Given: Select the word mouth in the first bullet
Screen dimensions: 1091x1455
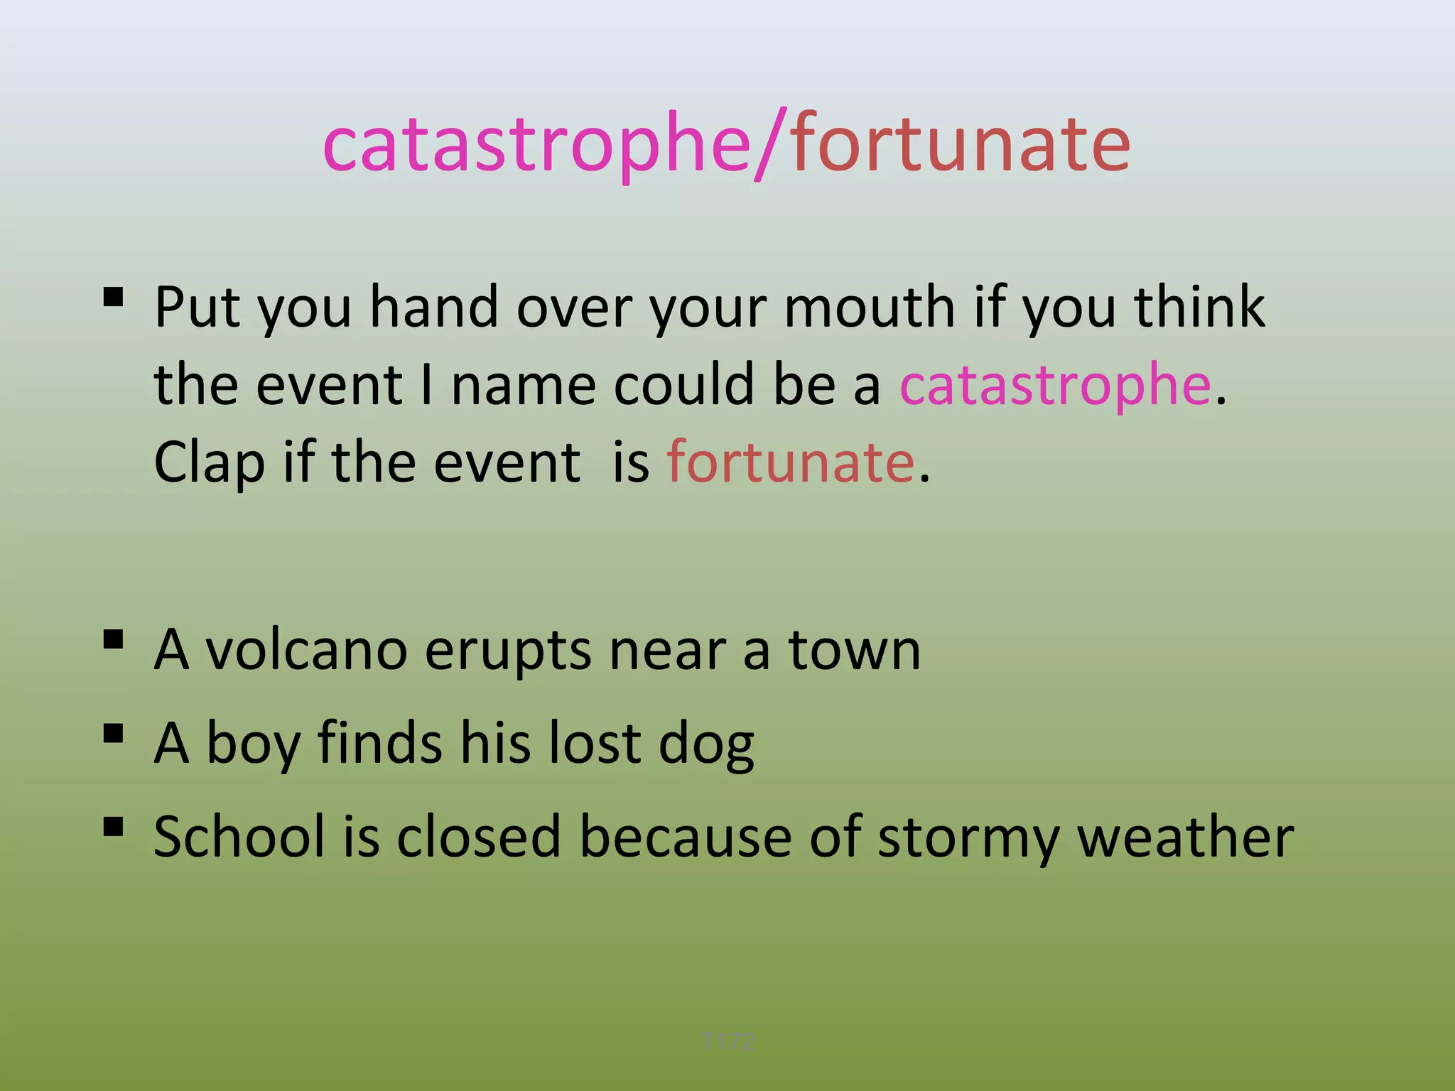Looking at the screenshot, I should (869, 308).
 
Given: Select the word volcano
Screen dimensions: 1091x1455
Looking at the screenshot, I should (306, 651).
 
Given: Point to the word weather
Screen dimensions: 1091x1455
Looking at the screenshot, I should (1185, 837).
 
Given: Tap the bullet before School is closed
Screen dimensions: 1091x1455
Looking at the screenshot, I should (114, 827).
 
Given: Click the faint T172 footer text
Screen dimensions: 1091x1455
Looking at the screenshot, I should (727, 1041).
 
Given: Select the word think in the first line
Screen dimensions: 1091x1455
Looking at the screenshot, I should (1199, 308).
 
